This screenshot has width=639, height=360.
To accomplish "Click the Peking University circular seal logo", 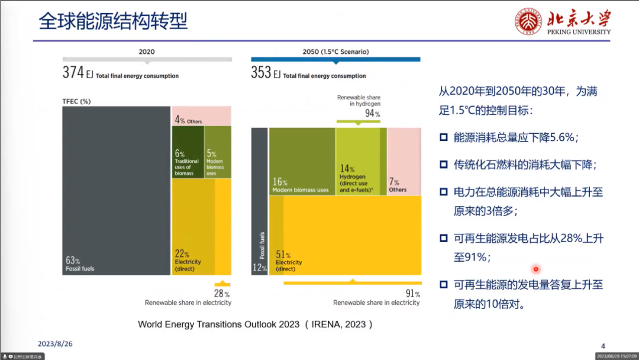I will (529, 22).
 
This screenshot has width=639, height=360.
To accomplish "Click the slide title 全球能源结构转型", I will (113, 21).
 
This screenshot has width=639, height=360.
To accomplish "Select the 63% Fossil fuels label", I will (79, 263).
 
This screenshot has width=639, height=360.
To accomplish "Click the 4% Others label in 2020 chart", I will (188, 120).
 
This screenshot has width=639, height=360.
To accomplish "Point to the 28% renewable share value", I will (222, 293).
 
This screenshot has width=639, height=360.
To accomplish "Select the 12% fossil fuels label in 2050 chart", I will (259, 267).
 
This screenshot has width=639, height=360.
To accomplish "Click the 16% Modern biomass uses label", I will (300, 185).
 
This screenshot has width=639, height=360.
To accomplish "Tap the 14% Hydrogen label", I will (354, 179).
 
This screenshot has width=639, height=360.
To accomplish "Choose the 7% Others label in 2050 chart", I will (397, 185).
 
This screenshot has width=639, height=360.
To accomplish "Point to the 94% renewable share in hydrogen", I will (372, 113).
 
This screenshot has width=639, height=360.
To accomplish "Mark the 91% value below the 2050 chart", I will (412, 293).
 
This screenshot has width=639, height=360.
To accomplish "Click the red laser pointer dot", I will (536, 269).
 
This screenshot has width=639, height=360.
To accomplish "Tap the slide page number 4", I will (603, 346).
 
